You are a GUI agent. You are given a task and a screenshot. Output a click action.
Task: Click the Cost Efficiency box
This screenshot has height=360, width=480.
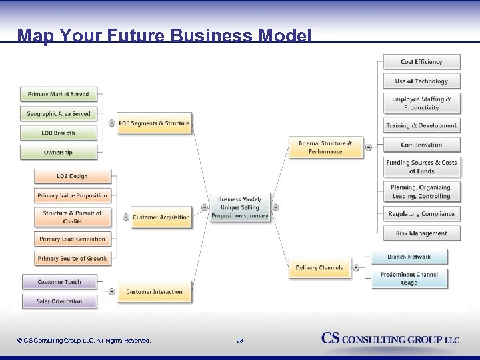pyautogui.click(x=421, y=62)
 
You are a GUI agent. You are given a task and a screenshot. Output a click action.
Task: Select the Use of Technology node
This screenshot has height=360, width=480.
pyautogui.click(x=421, y=81)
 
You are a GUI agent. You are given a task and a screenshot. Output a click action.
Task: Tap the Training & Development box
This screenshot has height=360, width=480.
pyautogui.click(x=421, y=125)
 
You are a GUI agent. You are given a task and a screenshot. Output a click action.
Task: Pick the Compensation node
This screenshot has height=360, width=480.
pyautogui.click(x=421, y=145)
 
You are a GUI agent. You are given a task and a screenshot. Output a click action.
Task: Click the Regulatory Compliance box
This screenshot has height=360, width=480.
pyautogui.click(x=421, y=214)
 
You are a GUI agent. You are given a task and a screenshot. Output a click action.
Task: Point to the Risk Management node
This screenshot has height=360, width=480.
pyautogui.click(x=421, y=233)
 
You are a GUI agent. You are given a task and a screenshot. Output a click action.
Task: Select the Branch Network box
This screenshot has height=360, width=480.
pyautogui.click(x=409, y=257)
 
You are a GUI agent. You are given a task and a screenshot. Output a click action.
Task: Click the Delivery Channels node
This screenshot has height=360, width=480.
pyautogui.click(x=319, y=268)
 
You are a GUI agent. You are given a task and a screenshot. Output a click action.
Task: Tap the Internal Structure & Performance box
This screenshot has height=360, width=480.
pyautogui.click(x=325, y=147)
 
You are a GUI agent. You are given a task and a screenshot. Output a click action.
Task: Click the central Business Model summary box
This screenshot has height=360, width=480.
pyautogui.click(x=240, y=208)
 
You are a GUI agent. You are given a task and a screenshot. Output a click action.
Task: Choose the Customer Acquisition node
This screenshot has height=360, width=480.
pyautogui.click(x=161, y=217)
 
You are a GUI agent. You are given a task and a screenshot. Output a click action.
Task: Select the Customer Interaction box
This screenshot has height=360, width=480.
pyautogui.click(x=154, y=292)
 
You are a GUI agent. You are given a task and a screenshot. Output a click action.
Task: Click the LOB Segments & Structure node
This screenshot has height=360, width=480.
pyautogui.click(x=154, y=123)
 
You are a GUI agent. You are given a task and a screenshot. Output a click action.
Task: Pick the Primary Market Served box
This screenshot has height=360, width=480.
pyautogui.click(x=58, y=95)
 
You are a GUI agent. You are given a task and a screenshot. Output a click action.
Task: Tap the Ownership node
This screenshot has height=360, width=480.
pyautogui.click(x=58, y=153)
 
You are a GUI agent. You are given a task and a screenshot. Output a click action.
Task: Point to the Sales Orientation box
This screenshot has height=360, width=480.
pyautogui.click(x=59, y=301)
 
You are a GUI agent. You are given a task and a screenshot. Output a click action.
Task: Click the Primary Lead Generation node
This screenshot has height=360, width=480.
pyautogui.click(x=72, y=239)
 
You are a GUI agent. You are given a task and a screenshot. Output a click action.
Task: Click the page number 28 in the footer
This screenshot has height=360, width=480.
pyautogui.click(x=240, y=341)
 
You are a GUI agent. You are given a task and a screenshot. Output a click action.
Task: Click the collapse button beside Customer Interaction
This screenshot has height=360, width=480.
pyautogui.click(x=111, y=291)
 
